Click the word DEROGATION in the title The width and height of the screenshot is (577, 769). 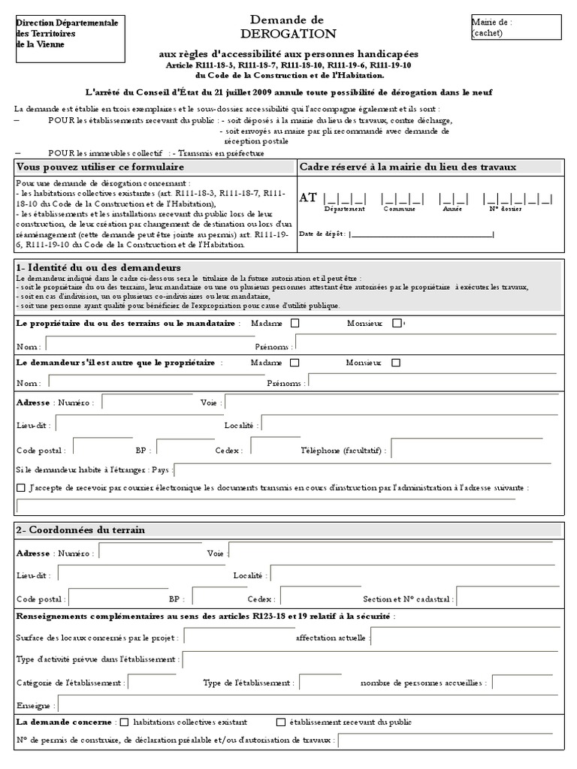pyautogui.click(x=288, y=35)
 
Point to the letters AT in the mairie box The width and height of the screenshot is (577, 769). pyautogui.click(x=308, y=198)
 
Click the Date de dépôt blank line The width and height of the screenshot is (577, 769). pyautogui.click(x=421, y=235)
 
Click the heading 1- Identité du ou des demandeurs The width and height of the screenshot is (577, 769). pyautogui.click(x=98, y=268)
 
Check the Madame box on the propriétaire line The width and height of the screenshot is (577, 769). pyautogui.click(x=295, y=323)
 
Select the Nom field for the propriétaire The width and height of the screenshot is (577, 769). pyautogui.click(x=150, y=344)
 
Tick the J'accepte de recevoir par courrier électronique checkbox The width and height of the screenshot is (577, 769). pyautogui.click(x=20, y=488)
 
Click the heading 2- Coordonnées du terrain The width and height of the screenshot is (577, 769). pyautogui.click(x=80, y=530)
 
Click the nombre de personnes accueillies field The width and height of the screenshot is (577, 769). pyautogui.click(x=523, y=682)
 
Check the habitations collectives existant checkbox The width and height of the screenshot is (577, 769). pyautogui.click(x=124, y=722)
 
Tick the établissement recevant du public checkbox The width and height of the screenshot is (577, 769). pyautogui.click(x=281, y=722)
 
